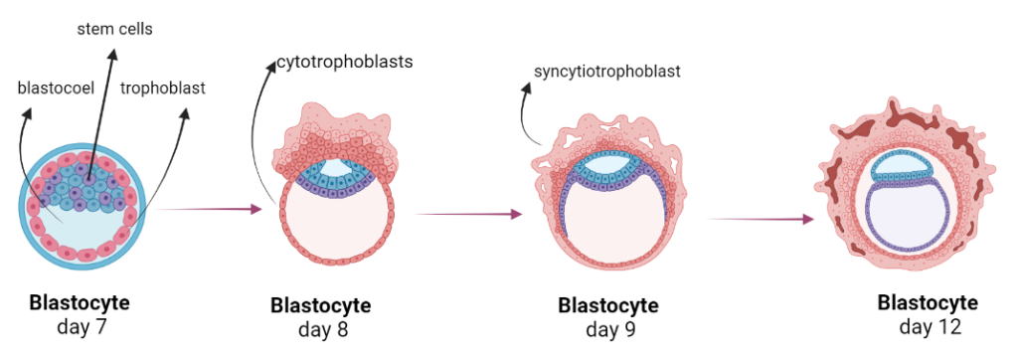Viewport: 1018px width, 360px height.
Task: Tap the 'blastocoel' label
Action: (x=56, y=88)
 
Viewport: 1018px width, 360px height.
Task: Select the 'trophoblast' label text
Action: (x=162, y=88)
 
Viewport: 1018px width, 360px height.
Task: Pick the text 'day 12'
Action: (x=927, y=325)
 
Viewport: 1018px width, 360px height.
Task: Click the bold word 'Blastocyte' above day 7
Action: (x=80, y=301)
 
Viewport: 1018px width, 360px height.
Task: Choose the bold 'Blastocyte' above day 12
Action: (x=927, y=303)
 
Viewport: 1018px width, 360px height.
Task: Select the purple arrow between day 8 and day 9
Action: (x=467, y=214)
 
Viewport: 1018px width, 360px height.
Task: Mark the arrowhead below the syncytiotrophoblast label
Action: (x=526, y=91)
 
